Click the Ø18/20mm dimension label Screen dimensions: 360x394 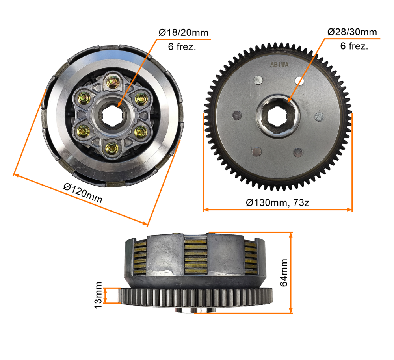coord(184,33)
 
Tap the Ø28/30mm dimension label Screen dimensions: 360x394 coord(352,32)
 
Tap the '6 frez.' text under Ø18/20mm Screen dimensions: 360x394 coord(182,46)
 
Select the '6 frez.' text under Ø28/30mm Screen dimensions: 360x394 coord(354,46)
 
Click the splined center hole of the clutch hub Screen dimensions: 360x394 coord(112,115)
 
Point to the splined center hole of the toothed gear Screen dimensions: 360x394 coord(278,116)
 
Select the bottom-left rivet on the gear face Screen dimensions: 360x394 coord(257,151)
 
